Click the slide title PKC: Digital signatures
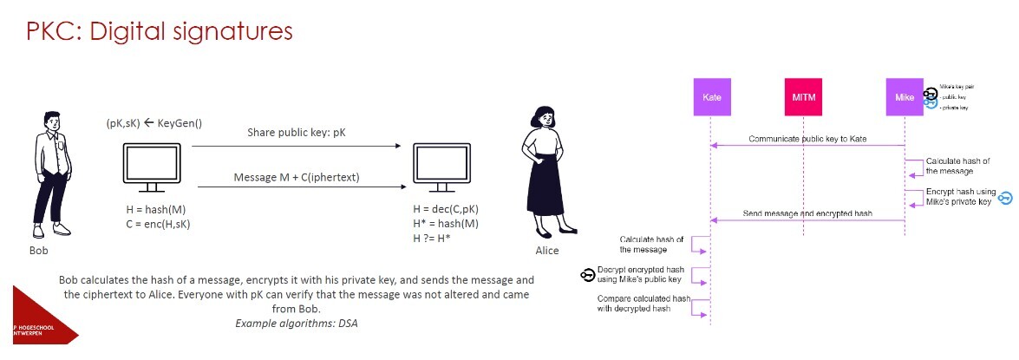click(x=160, y=32)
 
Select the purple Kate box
click(x=711, y=97)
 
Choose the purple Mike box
click(x=905, y=97)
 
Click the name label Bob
click(x=38, y=251)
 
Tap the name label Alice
click(x=546, y=251)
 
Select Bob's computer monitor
click(x=153, y=168)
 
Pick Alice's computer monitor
click(x=441, y=168)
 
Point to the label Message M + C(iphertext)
click(x=296, y=177)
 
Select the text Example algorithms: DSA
click(x=297, y=323)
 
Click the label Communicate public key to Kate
click(x=807, y=139)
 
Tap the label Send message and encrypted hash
click(x=807, y=213)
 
